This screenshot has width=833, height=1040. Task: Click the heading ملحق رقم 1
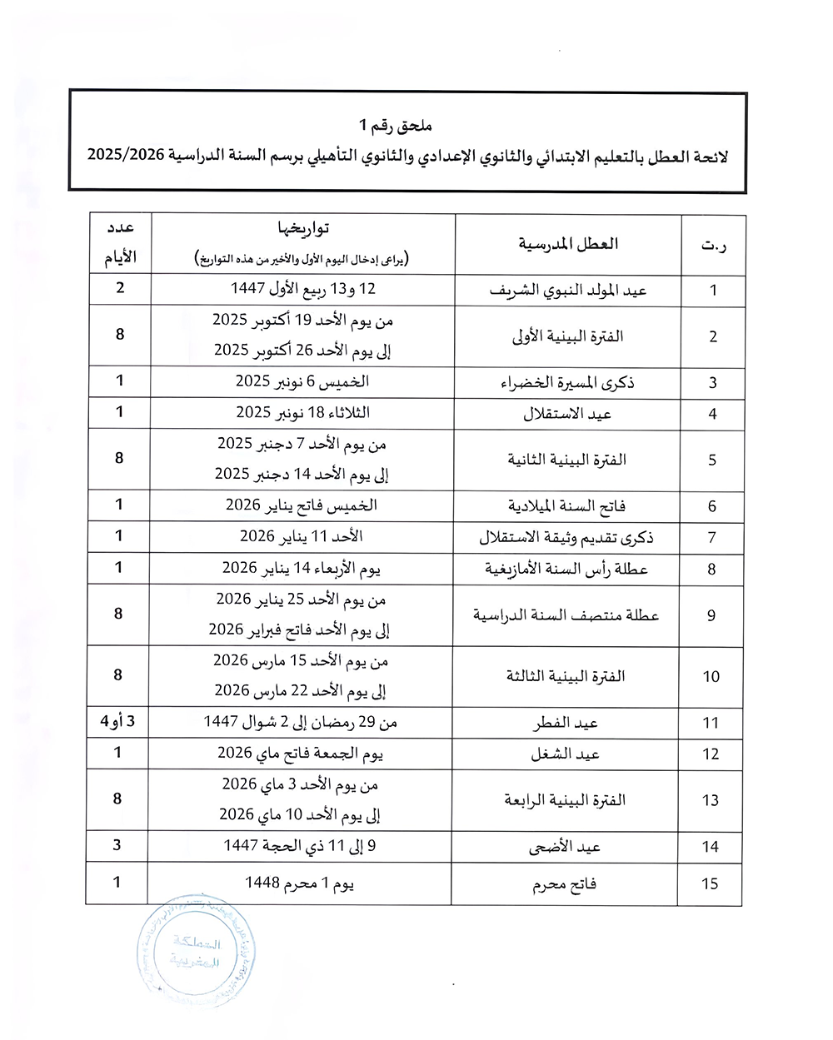pos(396,126)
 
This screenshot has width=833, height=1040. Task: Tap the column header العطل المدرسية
pos(568,244)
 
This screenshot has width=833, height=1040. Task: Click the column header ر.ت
pos(712,245)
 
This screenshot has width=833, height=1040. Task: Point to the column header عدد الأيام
pos(120,244)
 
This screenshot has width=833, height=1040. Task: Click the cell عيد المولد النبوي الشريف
pos(568,291)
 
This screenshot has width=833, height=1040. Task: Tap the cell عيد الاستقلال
pos(567,414)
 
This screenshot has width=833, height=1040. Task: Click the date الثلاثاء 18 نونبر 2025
pos(302,413)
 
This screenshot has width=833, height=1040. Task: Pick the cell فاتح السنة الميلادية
pos(567,506)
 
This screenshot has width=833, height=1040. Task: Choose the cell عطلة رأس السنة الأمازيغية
pos(566,570)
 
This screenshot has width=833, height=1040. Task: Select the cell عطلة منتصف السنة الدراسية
pos(566,615)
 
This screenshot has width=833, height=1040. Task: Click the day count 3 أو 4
pos(117,721)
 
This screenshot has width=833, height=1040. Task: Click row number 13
pos(710,800)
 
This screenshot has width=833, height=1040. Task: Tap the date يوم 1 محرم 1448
pos(300,883)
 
